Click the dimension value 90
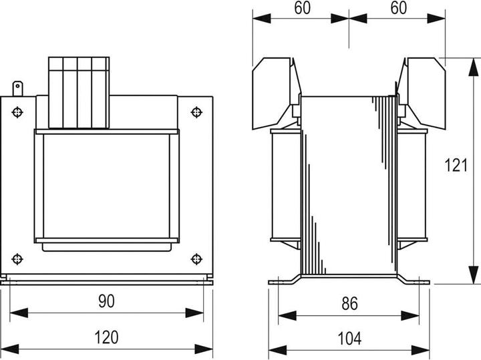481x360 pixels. pyautogui.click(x=106, y=301)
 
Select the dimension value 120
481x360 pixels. pyautogui.click(x=106, y=337)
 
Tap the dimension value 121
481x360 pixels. pyautogui.click(x=456, y=165)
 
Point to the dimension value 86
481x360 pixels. pyautogui.click(x=349, y=304)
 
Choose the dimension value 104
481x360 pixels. pyautogui.click(x=349, y=339)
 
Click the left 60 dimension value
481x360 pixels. pyautogui.click(x=302, y=7)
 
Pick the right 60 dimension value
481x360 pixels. pyautogui.click(x=398, y=7)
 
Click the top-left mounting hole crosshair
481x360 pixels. pyautogui.click(x=17, y=112)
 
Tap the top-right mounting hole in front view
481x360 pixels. pyautogui.click(x=196, y=112)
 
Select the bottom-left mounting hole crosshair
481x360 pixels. pyautogui.click(x=17, y=259)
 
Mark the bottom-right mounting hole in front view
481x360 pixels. pyautogui.click(x=196, y=259)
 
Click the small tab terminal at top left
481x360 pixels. pyautogui.click(x=17, y=89)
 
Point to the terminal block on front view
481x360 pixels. pyautogui.click(x=79, y=93)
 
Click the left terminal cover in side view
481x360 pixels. pyautogui.click(x=277, y=94)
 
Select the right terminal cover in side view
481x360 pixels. pyautogui.click(x=421, y=94)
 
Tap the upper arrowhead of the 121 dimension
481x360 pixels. pyautogui.click(x=474, y=67)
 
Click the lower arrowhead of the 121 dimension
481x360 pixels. pyautogui.click(x=474, y=275)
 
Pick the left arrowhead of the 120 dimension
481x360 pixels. pyautogui.click(x=10, y=349)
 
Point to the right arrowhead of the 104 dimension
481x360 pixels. pyautogui.click(x=420, y=350)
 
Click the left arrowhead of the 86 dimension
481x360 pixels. pyautogui.click(x=287, y=315)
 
